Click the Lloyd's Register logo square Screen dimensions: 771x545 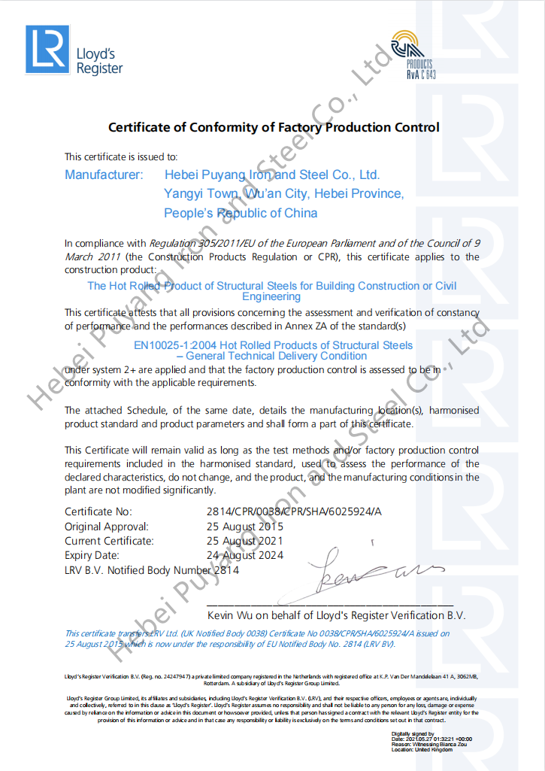(47, 50)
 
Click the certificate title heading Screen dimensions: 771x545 (274, 127)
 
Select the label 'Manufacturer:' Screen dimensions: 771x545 (104, 175)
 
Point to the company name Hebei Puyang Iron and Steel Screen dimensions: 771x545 (271, 175)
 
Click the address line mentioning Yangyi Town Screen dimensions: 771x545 (283, 194)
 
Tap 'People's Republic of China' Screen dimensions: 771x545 (241, 214)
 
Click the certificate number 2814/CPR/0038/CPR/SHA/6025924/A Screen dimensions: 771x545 (294, 512)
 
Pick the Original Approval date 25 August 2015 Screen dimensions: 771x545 (245, 527)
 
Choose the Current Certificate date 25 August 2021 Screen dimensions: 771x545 (245, 541)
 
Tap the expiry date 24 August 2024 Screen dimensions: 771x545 (245, 555)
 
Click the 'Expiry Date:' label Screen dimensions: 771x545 (92, 555)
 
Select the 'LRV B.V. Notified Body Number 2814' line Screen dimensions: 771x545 (152, 570)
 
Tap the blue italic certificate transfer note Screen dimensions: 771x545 (257, 639)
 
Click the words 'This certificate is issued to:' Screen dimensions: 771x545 (121, 156)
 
